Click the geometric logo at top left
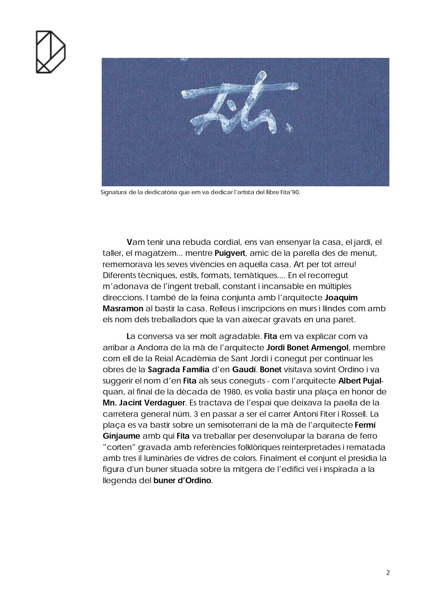[50, 52]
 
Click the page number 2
[388, 573]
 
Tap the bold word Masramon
[123, 309]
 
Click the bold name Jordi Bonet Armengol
[307, 348]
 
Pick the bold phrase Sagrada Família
[178, 370]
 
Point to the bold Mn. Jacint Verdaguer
[144, 403]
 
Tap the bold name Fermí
[365, 425]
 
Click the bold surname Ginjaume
[121, 436]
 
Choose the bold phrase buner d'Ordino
[182, 480]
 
